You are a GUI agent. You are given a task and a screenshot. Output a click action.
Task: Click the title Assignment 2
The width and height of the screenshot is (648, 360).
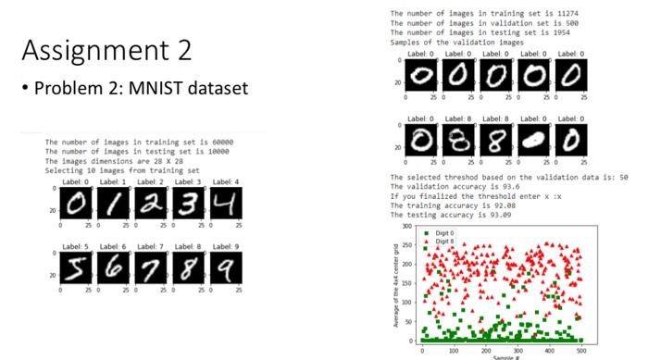pos(106,50)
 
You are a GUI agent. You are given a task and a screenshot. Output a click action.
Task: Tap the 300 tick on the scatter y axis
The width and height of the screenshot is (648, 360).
pos(405,226)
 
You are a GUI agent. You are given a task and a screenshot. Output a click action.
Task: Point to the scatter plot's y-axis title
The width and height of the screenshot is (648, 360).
pos(396,282)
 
